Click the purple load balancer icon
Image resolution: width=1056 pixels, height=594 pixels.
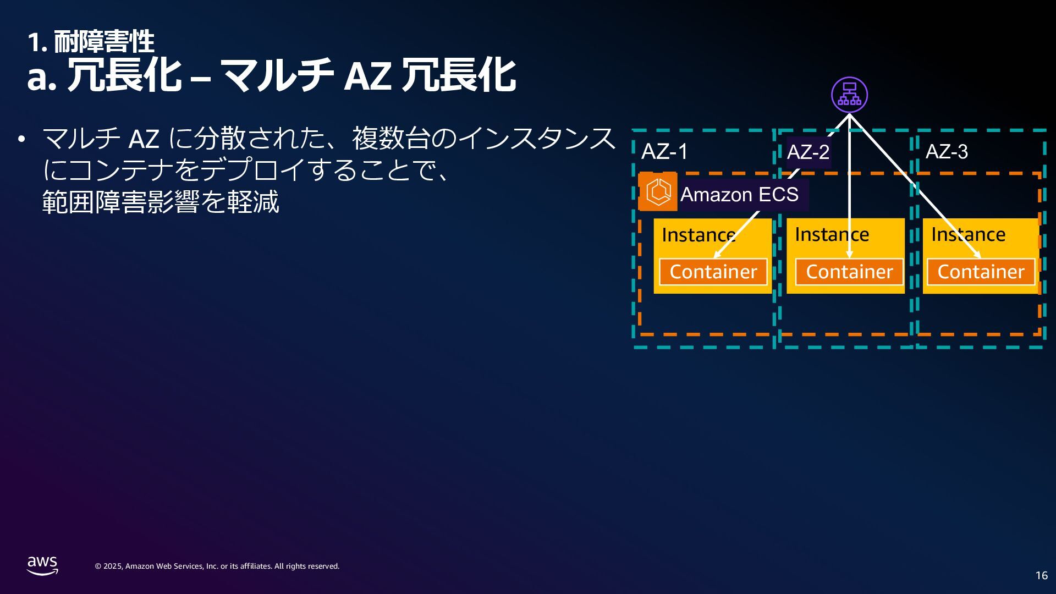pos(849,95)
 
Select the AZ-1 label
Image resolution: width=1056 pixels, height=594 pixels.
pos(664,152)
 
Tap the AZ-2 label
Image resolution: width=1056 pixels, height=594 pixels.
pos(808,152)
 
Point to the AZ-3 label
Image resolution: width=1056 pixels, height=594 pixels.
pos(947,152)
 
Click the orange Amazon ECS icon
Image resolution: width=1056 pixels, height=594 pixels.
pos(658,192)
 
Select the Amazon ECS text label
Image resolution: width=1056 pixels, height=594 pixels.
pos(739,195)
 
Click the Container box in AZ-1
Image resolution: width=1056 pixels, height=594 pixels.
pos(713,272)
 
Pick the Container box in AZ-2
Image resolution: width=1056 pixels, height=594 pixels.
pos(849,272)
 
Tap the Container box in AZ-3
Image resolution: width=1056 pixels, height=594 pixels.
pos(981,272)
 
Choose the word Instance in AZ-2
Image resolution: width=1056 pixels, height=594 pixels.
pos(832,235)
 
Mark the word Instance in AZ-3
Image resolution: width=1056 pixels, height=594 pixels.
pos(968,235)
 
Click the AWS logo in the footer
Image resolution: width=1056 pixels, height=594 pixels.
pos(42,565)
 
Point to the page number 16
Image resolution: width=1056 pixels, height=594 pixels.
pos(1041,575)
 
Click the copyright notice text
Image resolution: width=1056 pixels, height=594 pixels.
pos(217,566)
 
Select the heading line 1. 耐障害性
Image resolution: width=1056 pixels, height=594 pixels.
pos(91,42)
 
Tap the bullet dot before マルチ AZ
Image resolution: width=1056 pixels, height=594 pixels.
pos(21,139)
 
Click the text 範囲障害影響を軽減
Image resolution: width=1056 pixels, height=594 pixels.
pos(161,202)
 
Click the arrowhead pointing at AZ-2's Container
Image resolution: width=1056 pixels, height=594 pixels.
pos(849,255)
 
